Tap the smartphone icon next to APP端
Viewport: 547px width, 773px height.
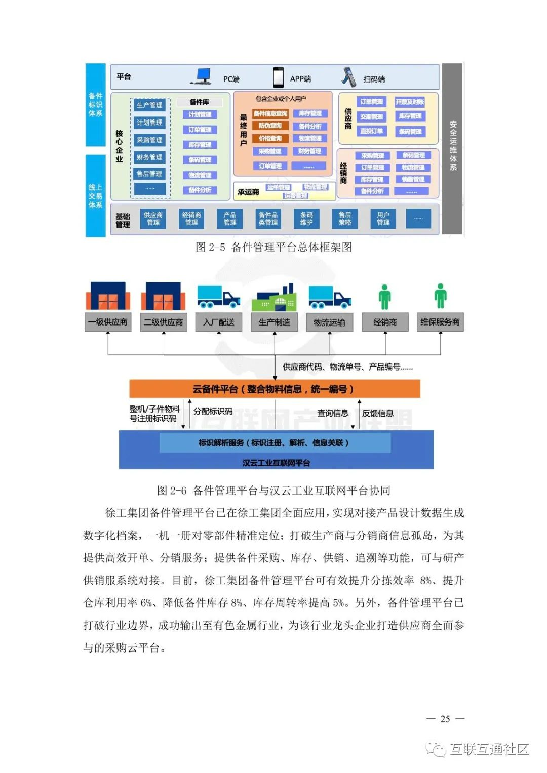[x=278, y=77]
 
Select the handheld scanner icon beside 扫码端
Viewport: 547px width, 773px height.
[x=348, y=77]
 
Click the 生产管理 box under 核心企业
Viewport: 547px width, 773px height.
[x=149, y=105]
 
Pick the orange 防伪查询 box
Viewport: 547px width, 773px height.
[x=270, y=126]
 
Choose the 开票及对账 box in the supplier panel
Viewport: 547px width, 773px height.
[x=410, y=102]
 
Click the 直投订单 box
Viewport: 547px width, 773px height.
[x=372, y=131]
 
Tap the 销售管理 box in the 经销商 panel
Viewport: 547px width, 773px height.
[x=413, y=179]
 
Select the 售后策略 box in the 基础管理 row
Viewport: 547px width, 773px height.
[x=345, y=219]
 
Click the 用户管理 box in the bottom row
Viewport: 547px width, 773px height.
[x=383, y=219]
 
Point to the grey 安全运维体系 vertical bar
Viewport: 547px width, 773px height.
[x=452, y=148]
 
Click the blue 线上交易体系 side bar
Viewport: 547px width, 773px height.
[x=95, y=195]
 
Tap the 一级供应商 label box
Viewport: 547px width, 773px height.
[x=108, y=322]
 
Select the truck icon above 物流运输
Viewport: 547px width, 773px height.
[x=329, y=297]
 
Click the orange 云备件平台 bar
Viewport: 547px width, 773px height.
[x=275, y=389]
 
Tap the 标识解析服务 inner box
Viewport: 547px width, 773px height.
[x=275, y=443]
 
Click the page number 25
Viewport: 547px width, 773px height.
[x=445, y=719]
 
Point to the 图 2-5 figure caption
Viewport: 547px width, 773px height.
[x=273, y=247]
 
